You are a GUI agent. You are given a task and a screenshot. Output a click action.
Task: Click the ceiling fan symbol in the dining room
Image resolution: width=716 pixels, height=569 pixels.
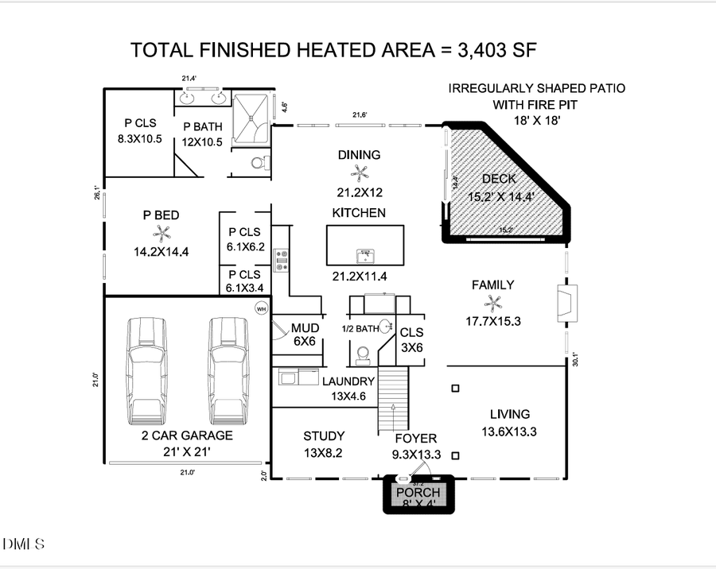click(x=360, y=173)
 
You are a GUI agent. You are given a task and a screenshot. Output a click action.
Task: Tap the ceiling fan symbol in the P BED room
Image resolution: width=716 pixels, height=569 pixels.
click(x=161, y=233)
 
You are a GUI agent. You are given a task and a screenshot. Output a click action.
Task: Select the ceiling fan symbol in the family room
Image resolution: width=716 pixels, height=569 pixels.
click(x=494, y=303)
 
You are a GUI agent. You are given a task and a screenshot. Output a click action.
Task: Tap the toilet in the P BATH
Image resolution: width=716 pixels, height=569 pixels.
click(x=258, y=163)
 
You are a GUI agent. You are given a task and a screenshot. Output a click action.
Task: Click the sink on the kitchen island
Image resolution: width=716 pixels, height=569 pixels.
click(x=365, y=255)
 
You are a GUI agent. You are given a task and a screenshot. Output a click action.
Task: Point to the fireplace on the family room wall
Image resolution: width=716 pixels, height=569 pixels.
click(x=568, y=303)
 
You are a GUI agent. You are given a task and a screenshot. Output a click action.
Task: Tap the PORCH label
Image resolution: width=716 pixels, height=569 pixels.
click(x=418, y=493)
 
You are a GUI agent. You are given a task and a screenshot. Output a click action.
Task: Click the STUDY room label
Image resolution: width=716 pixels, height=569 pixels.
click(x=324, y=436)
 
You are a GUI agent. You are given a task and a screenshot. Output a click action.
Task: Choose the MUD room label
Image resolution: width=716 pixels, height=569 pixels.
click(x=305, y=327)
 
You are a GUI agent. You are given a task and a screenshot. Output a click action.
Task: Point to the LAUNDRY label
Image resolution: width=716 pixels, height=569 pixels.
click(x=348, y=381)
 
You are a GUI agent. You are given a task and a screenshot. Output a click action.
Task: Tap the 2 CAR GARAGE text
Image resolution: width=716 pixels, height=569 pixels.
click(x=187, y=435)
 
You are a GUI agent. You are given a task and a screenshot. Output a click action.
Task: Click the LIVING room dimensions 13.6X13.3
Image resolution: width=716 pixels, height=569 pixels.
click(x=509, y=432)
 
